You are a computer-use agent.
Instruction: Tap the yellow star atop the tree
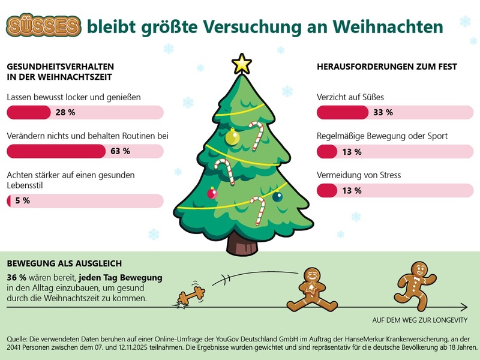click(242, 63)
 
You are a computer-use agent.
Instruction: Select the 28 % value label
click(65, 112)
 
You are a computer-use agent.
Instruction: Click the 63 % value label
click(120, 151)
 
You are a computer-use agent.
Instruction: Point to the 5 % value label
click(22, 200)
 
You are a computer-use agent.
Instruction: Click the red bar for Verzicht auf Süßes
click(342, 112)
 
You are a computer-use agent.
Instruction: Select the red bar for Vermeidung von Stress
click(327, 190)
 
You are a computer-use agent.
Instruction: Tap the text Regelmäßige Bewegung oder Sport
click(382, 136)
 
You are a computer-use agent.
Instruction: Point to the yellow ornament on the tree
click(232, 137)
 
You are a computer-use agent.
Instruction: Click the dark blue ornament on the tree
click(277, 196)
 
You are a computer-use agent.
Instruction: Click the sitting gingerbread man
click(311, 289)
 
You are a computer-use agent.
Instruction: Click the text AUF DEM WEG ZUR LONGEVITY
click(420, 320)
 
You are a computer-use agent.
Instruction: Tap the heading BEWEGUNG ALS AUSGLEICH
click(64, 263)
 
